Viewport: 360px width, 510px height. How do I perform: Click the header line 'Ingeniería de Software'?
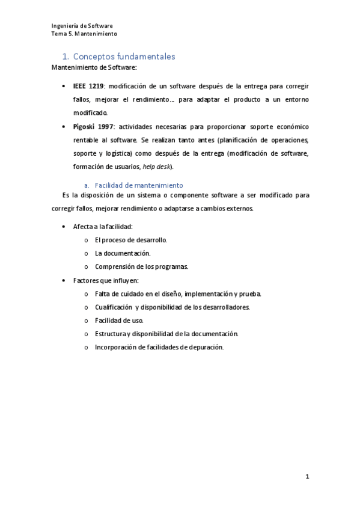tap(83, 26)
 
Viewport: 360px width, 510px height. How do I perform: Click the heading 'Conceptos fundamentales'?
tap(127, 57)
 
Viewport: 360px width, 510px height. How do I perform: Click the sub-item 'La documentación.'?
tap(123, 253)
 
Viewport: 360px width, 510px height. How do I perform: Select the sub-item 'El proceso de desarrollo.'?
tap(131, 240)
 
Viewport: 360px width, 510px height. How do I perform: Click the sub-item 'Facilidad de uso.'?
tap(119, 321)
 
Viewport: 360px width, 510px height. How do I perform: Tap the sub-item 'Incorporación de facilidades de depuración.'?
tap(159, 347)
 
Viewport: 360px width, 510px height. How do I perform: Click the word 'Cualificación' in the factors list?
tap(113, 307)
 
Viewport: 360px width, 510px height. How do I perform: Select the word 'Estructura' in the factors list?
tap(110, 334)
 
